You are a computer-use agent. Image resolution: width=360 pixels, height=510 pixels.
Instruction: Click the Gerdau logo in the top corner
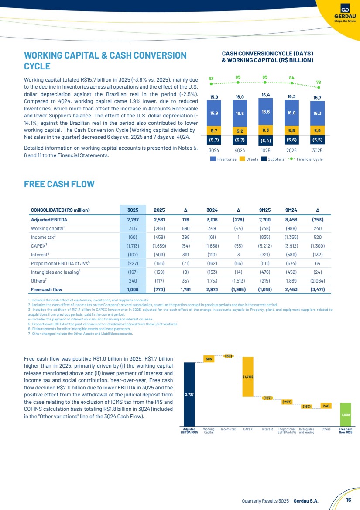[x=345, y=13]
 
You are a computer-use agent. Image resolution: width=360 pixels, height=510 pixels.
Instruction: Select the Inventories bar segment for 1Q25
[x=266, y=113]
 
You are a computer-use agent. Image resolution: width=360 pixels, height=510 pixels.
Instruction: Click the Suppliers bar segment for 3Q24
[x=214, y=140]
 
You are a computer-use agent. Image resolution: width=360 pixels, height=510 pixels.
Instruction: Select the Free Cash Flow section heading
[x=59, y=184]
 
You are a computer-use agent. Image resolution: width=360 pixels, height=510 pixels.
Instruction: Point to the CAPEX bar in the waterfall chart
[x=248, y=376]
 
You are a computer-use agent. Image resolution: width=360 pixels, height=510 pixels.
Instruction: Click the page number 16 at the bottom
[x=349, y=500]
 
